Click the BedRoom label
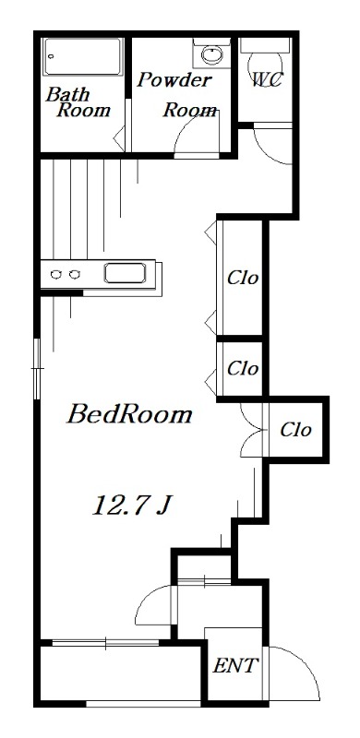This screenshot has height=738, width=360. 129,415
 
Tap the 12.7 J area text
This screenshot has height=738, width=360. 133,505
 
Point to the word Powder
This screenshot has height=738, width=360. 174,80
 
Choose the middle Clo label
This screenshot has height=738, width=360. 242,368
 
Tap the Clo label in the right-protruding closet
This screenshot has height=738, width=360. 295,429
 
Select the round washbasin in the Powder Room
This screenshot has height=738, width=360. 210,55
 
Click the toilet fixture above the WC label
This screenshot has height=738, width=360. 266,47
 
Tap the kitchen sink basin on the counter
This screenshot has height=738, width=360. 125,273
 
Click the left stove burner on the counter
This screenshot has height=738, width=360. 56,274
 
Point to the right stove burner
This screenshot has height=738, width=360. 76,274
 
